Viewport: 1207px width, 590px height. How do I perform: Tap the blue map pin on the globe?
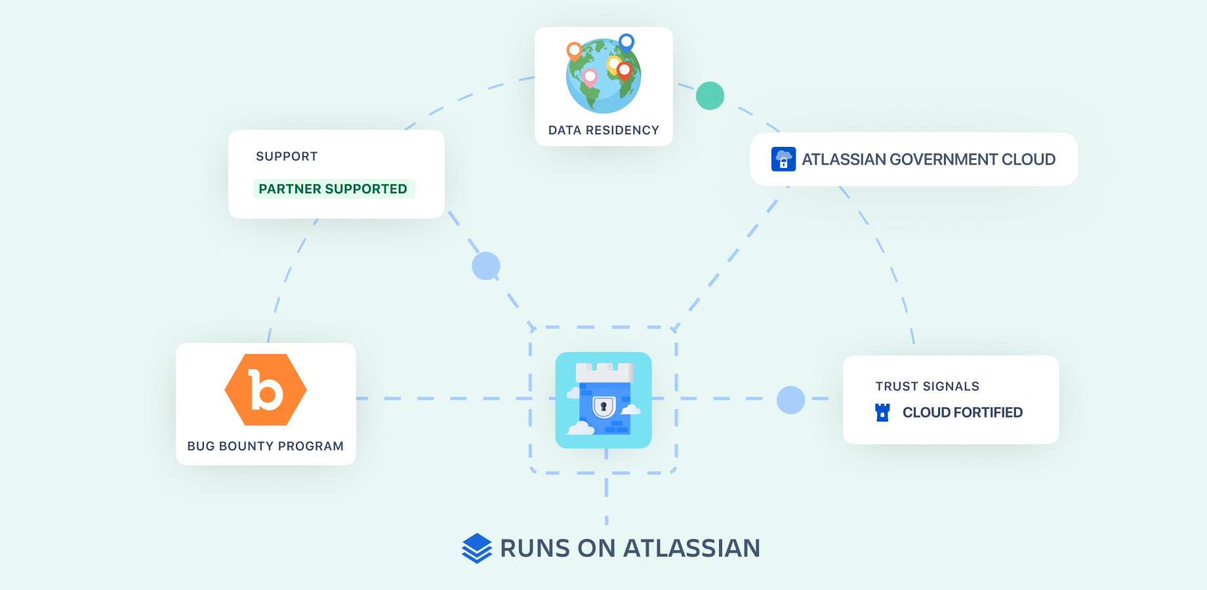pyautogui.click(x=626, y=43)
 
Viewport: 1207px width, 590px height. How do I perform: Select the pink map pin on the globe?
pyautogui.click(x=590, y=77)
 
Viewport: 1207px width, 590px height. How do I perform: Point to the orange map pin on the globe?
pyautogui.click(x=574, y=50)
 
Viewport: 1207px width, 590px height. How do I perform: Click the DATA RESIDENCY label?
pyautogui.click(x=603, y=130)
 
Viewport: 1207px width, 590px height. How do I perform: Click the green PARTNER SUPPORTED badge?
pyautogui.click(x=333, y=189)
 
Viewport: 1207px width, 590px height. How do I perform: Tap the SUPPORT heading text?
pyautogui.click(x=287, y=157)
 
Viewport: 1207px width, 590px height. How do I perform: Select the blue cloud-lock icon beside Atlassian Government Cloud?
pyautogui.click(x=783, y=159)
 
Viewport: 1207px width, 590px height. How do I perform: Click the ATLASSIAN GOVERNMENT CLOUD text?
pyautogui.click(x=928, y=159)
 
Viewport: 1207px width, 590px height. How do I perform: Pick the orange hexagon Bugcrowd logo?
pyautogui.click(x=266, y=390)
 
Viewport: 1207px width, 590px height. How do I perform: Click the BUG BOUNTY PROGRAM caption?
pyautogui.click(x=266, y=446)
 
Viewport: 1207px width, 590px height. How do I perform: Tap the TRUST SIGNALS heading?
pyautogui.click(x=927, y=387)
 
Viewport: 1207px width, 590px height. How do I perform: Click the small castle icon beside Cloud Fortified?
pyautogui.click(x=882, y=412)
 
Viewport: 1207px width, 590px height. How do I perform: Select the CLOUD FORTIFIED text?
pyautogui.click(x=962, y=412)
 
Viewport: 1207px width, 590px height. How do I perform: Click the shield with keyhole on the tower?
pyautogui.click(x=603, y=407)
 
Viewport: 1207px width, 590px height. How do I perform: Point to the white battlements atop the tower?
pyautogui.click(x=604, y=372)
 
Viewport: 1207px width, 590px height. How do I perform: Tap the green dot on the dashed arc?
pyautogui.click(x=710, y=96)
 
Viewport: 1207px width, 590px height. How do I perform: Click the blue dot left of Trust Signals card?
pyautogui.click(x=790, y=400)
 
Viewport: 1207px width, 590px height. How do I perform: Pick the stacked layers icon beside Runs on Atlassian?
pyautogui.click(x=477, y=548)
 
